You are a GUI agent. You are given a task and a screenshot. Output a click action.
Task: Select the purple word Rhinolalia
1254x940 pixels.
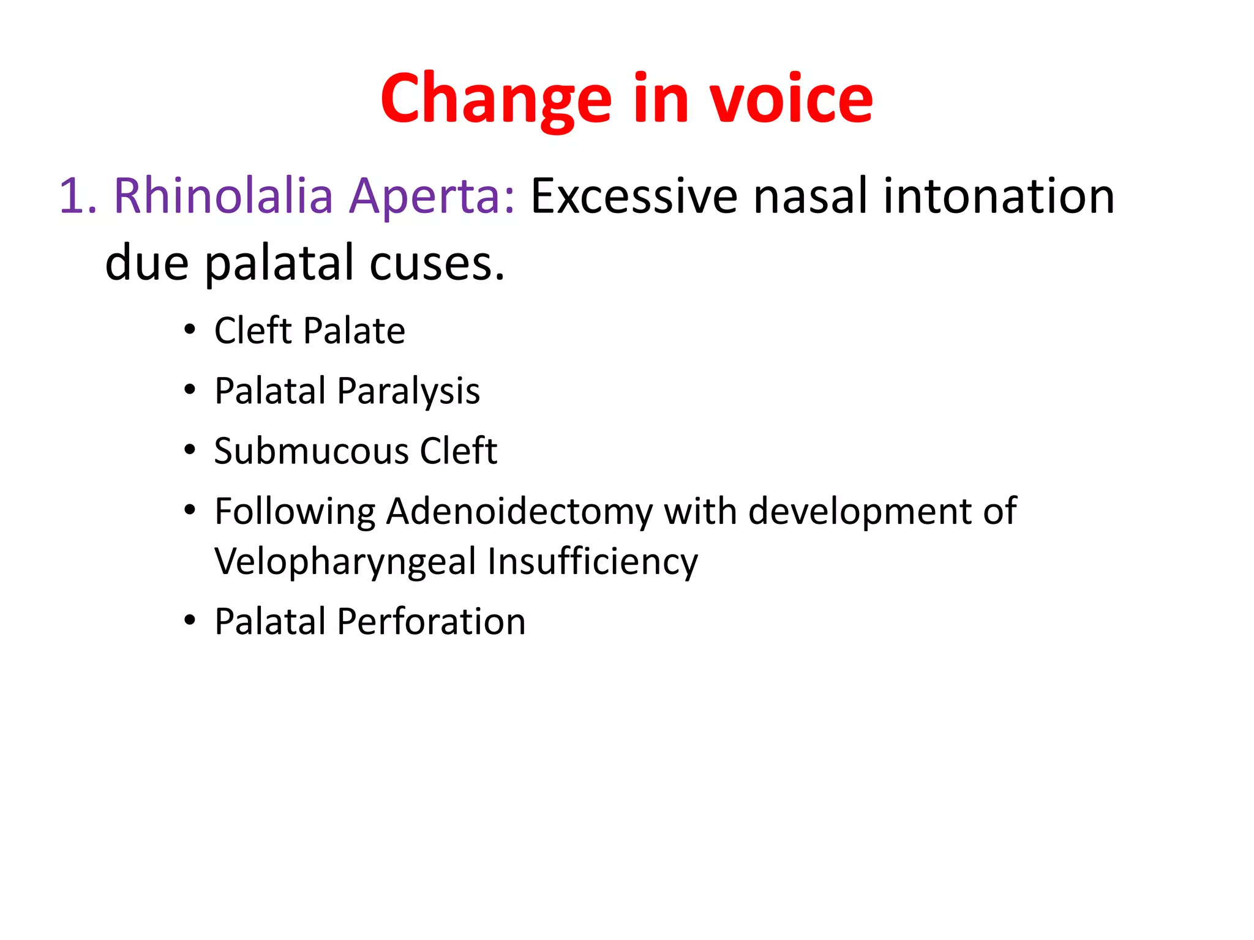click(223, 196)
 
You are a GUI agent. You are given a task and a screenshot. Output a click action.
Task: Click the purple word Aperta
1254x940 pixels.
click(432, 196)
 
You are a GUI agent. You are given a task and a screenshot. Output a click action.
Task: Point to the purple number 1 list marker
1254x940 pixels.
click(72, 196)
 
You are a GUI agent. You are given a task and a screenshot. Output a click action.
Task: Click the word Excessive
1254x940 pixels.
click(634, 196)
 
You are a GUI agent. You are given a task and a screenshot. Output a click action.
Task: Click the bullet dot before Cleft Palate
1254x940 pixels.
click(190, 330)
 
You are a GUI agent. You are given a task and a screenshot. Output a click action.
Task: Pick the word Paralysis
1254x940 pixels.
click(408, 391)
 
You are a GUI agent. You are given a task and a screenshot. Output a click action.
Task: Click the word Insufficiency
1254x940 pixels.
click(592, 561)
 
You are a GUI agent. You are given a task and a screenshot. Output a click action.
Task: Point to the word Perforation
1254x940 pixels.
click(431, 622)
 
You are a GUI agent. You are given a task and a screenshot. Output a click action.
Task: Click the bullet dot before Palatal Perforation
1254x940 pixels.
click(190, 621)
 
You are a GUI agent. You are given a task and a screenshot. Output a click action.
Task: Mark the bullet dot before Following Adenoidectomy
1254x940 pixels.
click(190, 510)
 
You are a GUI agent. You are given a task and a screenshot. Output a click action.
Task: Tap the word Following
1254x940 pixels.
click(295, 511)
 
